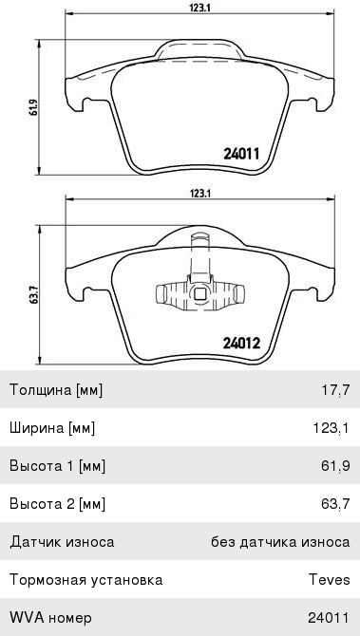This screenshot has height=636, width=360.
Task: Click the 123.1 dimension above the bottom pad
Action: [x=199, y=193]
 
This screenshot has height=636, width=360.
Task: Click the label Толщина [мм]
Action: [x=55, y=390]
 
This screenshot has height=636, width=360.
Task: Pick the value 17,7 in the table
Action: [x=335, y=390]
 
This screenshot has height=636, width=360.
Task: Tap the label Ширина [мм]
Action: [x=53, y=428]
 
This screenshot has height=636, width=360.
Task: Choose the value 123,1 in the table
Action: [x=331, y=428]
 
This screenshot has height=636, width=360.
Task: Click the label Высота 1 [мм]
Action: [x=57, y=466]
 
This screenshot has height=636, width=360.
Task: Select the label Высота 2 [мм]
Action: [x=57, y=504]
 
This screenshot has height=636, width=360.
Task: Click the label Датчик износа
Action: [x=62, y=542]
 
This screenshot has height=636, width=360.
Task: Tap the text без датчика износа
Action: [x=280, y=542]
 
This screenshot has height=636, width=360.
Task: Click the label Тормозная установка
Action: [x=85, y=580]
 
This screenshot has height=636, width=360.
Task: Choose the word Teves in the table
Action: [x=329, y=580]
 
